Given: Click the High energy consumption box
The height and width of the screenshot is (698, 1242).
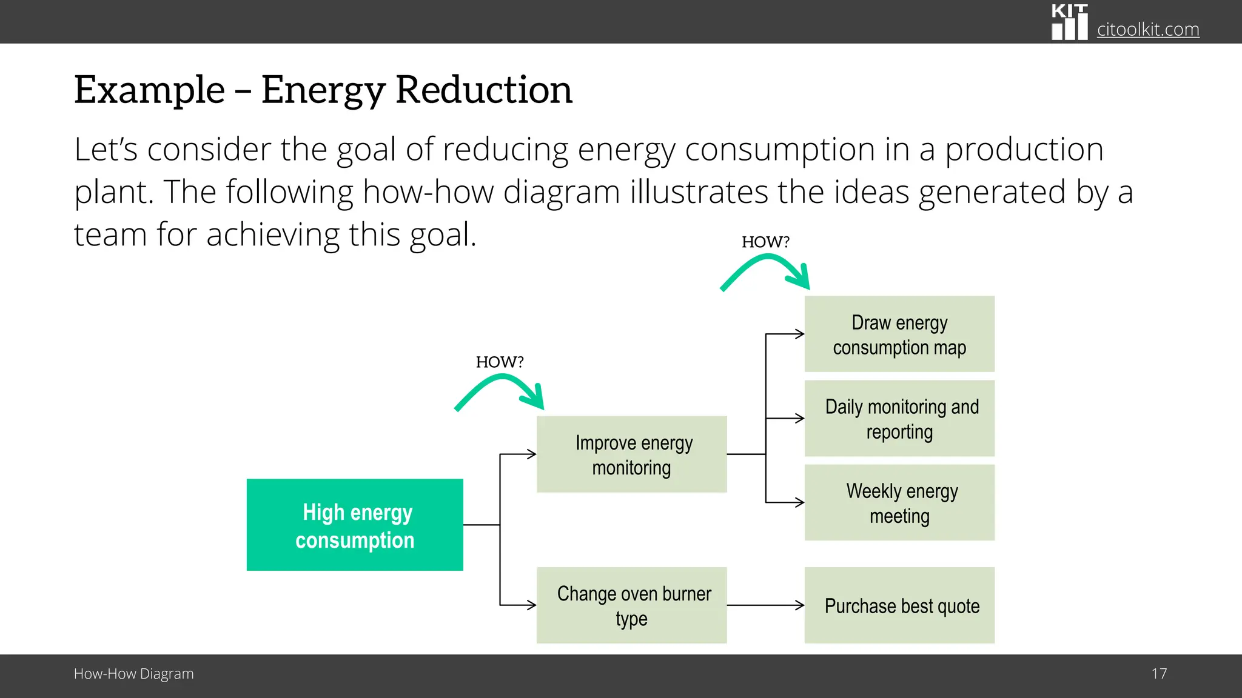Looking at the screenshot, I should tap(355, 525).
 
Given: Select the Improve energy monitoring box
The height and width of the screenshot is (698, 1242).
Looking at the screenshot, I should tap(631, 454).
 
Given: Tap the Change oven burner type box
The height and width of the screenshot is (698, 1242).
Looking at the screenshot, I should tap(631, 605).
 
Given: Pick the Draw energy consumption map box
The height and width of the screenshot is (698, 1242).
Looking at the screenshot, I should tap(899, 334).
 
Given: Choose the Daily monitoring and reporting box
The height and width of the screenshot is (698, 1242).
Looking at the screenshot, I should tap(899, 418).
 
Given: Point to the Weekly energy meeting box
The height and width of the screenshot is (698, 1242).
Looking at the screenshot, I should tap(899, 502).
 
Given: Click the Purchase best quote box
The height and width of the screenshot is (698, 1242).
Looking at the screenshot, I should tap(899, 605).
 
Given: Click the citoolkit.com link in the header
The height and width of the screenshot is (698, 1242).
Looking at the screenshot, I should tap(1148, 29).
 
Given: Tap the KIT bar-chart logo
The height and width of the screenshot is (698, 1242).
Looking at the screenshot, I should tap(1069, 22).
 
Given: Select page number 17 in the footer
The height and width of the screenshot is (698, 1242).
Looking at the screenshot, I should tap(1159, 674).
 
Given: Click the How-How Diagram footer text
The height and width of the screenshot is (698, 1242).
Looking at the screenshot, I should tap(133, 674).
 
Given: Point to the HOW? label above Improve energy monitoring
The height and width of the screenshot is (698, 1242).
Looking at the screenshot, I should tap(499, 362).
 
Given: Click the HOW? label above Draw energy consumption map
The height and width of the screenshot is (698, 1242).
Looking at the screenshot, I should tap(765, 242).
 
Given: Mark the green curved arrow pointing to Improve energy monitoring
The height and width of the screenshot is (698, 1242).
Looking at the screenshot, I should tap(500, 391).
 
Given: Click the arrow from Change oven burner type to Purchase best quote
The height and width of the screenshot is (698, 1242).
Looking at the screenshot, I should tap(765, 605).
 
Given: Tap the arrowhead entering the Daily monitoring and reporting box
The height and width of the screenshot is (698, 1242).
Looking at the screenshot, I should tap(799, 418).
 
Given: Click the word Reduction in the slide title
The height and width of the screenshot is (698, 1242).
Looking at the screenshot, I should tap(484, 90).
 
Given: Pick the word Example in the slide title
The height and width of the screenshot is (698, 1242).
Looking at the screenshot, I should tap(149, 90).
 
